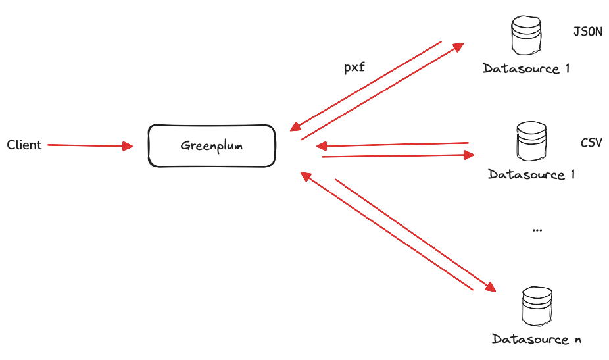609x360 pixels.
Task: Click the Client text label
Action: click(x=24, y=145)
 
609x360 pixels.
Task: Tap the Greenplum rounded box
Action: click(x=211, y=145)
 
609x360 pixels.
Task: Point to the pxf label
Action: click(x=354, y=67)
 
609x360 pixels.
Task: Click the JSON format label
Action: click(x=587, y=31)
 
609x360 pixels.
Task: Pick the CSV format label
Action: click(x=591, y=142)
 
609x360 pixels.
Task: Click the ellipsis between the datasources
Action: click(x=536, y=230)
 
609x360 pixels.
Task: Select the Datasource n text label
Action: click(x=536, y=339)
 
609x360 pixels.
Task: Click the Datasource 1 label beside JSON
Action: click(x=525, y=68)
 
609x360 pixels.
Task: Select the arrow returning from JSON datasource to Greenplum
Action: click(x=365, y=85)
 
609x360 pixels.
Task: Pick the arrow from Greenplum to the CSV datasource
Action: click(x=398, y=156)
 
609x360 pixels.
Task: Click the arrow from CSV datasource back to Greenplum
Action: click(x=392, y=144)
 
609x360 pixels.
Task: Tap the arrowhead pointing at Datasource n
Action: click(x=489, y=286)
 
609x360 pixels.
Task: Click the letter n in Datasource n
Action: click(x=577, y=340)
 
